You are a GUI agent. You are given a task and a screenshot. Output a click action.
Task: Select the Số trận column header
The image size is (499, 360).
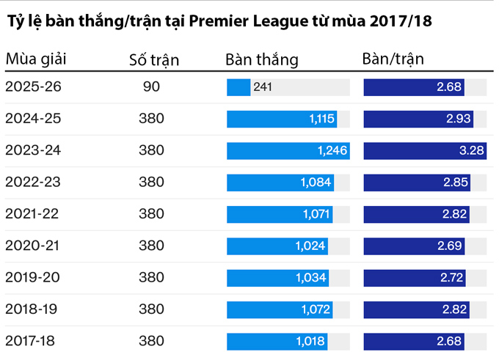click(x=153, y=59)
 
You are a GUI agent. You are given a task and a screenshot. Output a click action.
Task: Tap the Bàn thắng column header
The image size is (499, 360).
click(x=262, y=59)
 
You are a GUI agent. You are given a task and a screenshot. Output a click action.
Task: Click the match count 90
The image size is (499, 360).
click(x=152, y=87)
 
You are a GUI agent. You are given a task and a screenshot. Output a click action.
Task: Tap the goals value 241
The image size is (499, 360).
click(x=263, y=87)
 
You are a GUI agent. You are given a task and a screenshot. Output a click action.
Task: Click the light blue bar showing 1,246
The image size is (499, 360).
click(x=288, y=151)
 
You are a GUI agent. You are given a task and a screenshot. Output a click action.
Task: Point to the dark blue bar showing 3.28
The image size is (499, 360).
click(x=425, y=151)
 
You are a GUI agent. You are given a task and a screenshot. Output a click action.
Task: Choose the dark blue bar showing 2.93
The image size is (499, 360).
click(x=418, y=119)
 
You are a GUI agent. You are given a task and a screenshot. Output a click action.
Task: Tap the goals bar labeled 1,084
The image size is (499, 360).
click(x=280, y=183)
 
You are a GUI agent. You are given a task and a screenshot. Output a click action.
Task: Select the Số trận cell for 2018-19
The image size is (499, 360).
click(x=152, y=309)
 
